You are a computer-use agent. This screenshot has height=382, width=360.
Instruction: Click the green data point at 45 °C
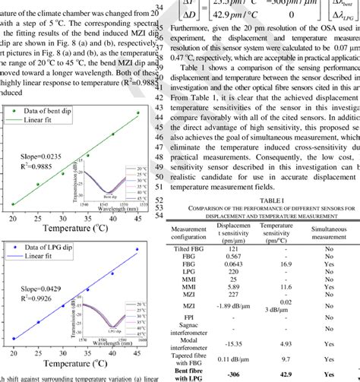click(137, 92)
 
